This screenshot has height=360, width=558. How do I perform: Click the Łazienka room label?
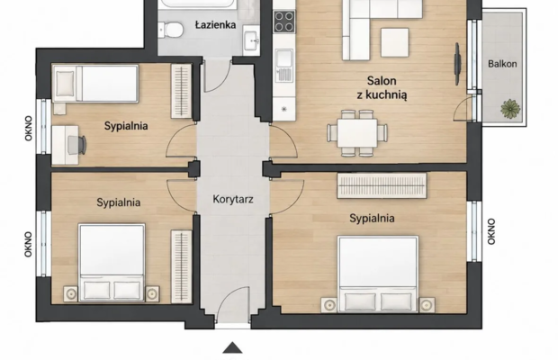(216, 25)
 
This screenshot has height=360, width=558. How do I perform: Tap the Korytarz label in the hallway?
(233, 199)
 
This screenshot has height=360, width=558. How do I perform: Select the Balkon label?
(502, 64)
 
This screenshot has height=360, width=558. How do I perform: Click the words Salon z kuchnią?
(382, 87)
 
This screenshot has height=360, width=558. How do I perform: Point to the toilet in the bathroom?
(171, 30)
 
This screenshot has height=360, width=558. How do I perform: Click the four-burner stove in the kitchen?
(284, 22)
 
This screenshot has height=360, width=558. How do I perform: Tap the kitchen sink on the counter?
(284, 66)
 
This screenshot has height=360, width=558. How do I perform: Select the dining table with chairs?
(357, 133)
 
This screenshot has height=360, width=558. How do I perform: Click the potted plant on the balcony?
(510, 109)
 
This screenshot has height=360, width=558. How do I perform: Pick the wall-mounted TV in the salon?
(457, 64)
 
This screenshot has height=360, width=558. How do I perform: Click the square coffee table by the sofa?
(395, 42)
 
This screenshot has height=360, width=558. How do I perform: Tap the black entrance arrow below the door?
(232, 347)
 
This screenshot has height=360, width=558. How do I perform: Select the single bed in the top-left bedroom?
(95, 84)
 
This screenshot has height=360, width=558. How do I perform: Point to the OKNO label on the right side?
(491, 231)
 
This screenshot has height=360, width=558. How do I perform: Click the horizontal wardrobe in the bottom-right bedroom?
(382, 185)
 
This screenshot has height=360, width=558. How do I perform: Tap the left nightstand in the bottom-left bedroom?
(71, 293)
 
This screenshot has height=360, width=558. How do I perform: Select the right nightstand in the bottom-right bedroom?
(427, 305)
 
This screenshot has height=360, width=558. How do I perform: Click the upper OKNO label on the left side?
(29, 129)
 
